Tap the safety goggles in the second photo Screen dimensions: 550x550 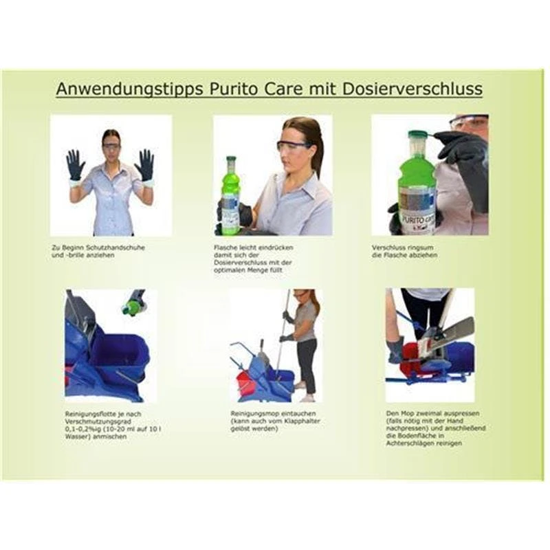(294, 146)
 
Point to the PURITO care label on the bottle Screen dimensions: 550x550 (418, 221)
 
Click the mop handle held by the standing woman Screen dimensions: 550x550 (283, 337)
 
